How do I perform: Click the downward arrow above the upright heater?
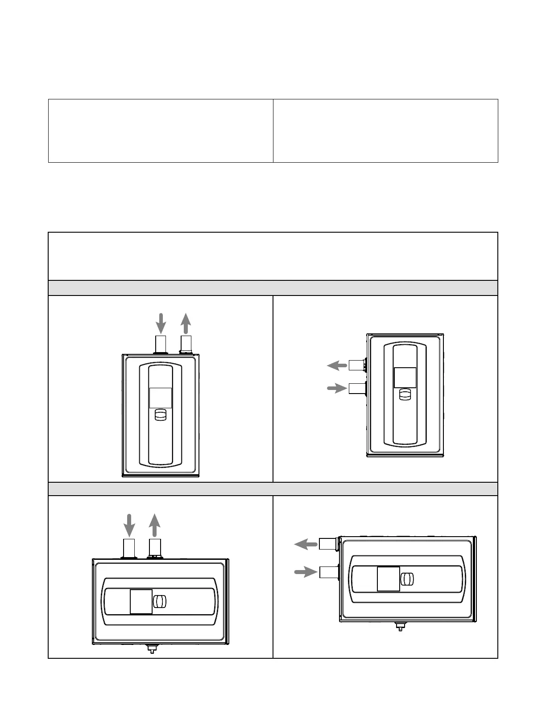click(x=161, y=323)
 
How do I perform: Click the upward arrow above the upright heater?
click(x=186, y=323)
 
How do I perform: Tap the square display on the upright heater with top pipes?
click(x=160, y=398)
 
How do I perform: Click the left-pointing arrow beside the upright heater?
click(x=337, y=366)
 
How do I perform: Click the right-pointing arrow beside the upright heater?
click(x=337, y=388)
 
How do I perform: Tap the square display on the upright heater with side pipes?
click(x=405, y=378)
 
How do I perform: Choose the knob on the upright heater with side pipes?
click(x=405, y=395)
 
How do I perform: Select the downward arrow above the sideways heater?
click(x=129, y=525)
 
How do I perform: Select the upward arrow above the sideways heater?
click(x=154, y=525)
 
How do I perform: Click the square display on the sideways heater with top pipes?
click(x=141, y=601)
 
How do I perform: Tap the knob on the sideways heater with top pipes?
click(x=160, y=601)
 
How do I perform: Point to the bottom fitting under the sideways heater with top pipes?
click(x=152, y=648)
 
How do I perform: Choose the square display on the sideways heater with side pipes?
click(x=388, y=579)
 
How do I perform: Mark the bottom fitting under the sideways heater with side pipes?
click(x=399, y=627)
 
